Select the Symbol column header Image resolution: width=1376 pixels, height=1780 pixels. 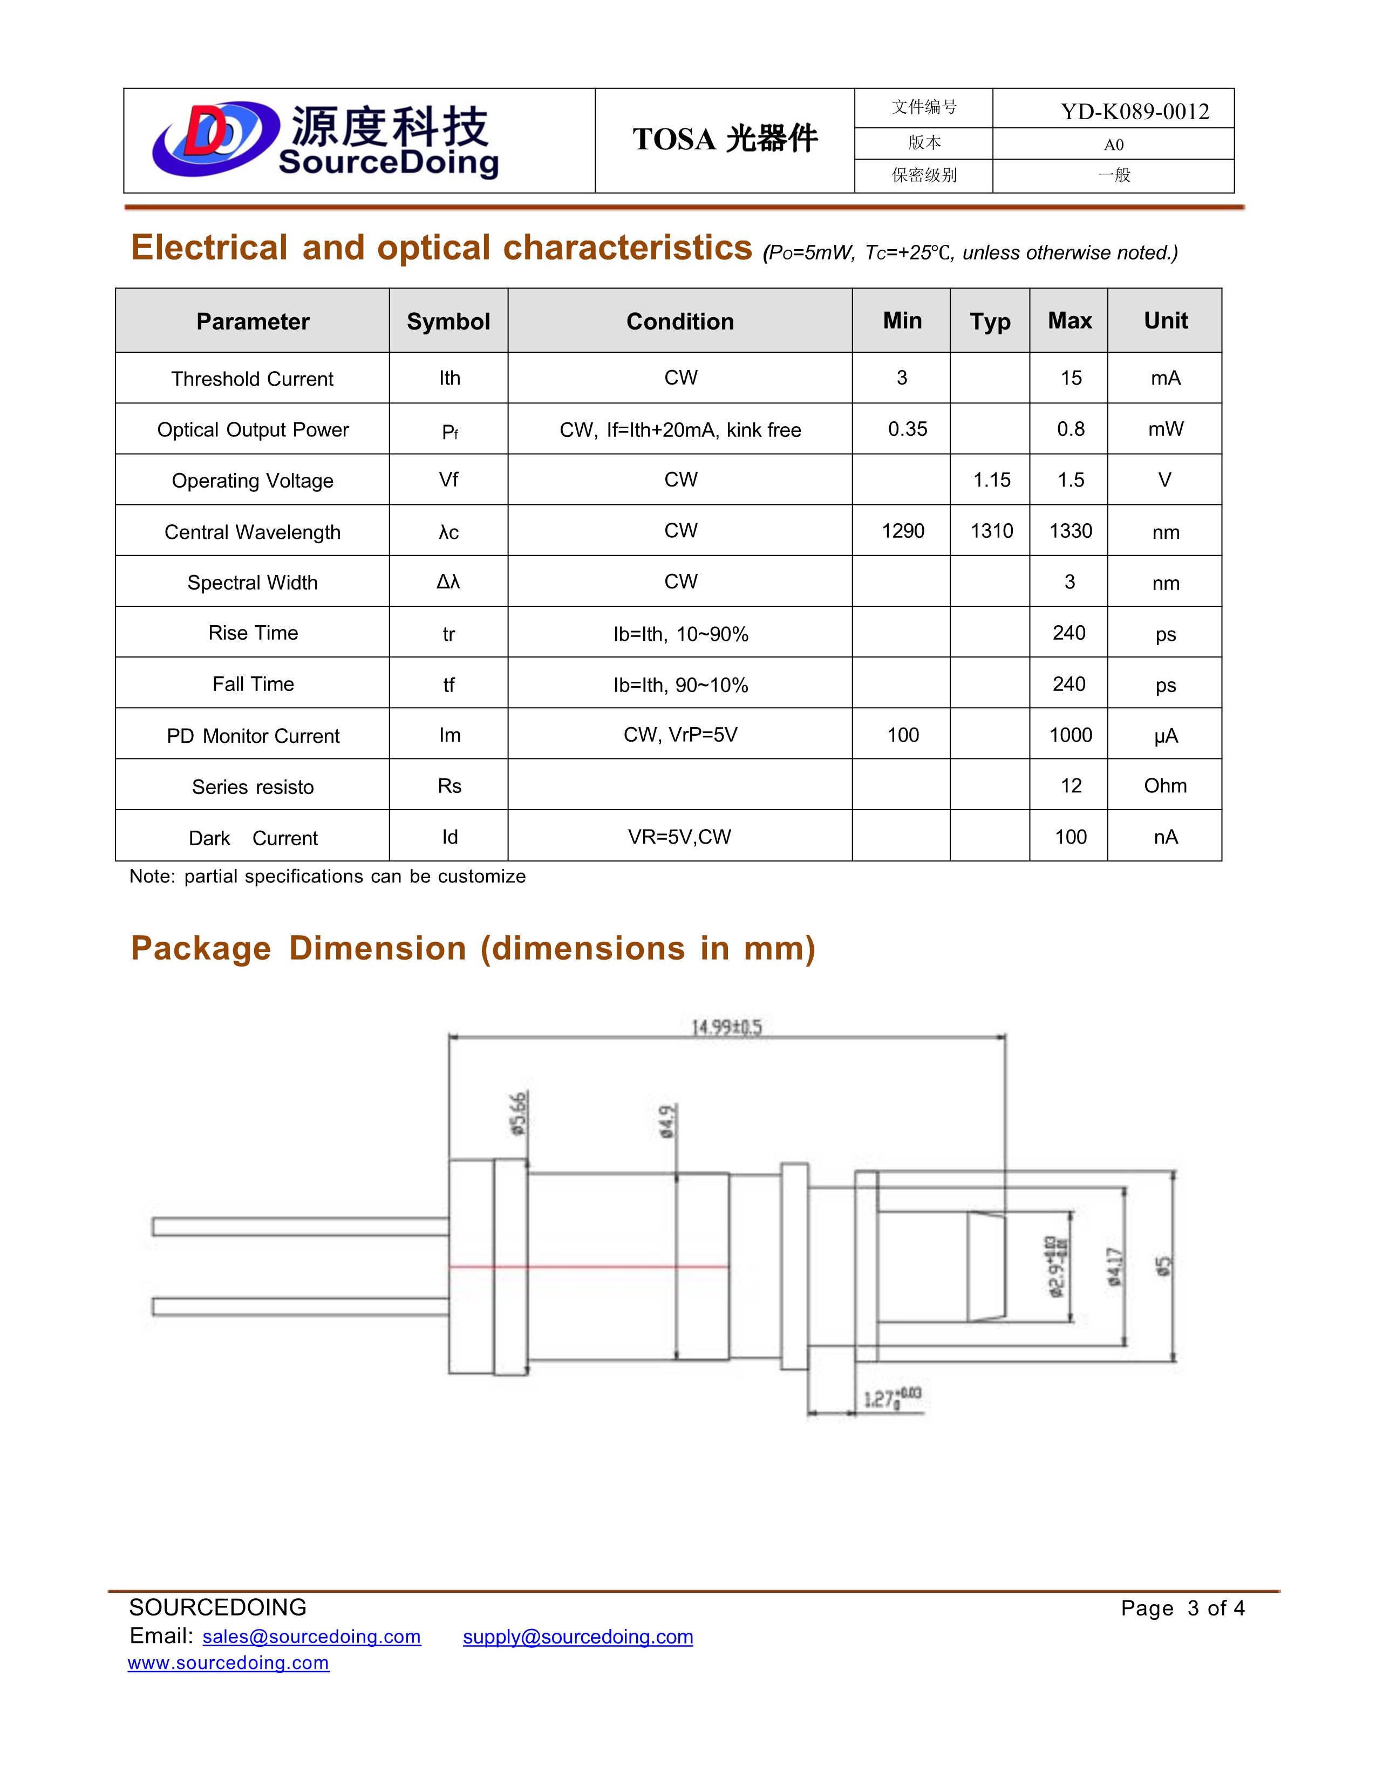point(448,321)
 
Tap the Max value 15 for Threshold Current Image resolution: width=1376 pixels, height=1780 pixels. point(1071,378)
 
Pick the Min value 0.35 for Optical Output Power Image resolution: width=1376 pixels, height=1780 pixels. point(907,429)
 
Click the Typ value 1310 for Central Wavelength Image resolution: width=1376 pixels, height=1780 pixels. point(991,531)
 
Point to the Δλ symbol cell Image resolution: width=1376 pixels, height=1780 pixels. point(448,581)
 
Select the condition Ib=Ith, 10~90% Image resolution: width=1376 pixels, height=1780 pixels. point(680,634)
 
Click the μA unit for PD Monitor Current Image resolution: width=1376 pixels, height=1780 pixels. point(1165,736)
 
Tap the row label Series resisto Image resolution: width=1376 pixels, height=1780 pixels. point(253,786)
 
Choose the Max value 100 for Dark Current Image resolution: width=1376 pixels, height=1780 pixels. point(1071,837)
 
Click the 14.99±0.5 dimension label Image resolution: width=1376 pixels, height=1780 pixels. point(726,1027)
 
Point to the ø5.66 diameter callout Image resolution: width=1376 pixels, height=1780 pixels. point(519,1113)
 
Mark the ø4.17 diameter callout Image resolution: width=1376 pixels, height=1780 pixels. point(1114,1266)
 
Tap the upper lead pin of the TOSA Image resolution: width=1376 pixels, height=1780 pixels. point(300,1226)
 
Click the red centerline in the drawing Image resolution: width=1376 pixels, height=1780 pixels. point(587,1266)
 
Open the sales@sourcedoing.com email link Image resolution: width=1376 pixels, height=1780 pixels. point(311,1637)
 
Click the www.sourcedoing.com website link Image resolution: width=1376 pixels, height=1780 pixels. point(228,1662)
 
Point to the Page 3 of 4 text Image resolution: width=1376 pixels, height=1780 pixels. point(1182,1608)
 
